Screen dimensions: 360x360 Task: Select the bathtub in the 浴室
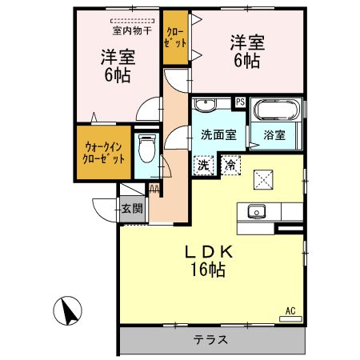[x=276, y=110]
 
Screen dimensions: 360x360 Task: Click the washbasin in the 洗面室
[x=207, y=106]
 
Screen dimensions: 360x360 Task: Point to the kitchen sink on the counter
[x=257, y=212]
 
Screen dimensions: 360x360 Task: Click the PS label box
[x=239, y=102]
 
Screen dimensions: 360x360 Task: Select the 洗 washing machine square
[x=204, y=166]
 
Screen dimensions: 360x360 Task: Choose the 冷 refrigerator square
[x=230, y=166]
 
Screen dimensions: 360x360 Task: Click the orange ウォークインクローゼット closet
[x=104, y=152]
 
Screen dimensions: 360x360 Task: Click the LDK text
[x=210, y=252]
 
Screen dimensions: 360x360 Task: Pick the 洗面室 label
[x=218, y=135]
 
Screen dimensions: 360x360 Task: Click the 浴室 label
[x=274, y=135]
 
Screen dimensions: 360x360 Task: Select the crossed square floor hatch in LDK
[x=263, y=179]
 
